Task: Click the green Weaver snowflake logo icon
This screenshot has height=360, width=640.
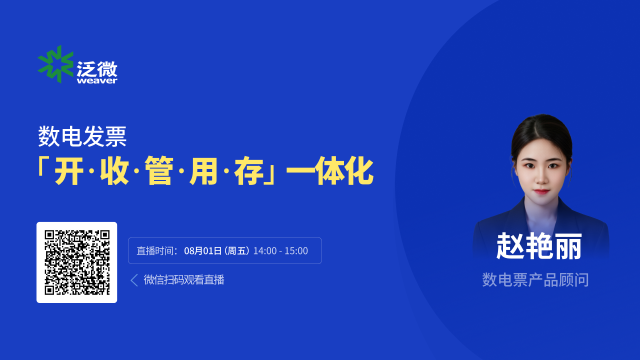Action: (55, 64)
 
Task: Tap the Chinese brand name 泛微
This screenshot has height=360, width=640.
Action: (97, 68)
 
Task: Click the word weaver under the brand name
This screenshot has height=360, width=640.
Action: (97, 81)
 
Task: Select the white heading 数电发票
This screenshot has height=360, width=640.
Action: (82, 136)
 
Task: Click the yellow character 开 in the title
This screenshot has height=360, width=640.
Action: (69, 171)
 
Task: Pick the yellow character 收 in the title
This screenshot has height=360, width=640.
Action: (114, 171)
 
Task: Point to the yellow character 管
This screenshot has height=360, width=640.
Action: (159, 171)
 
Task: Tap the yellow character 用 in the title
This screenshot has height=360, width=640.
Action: (203, 171)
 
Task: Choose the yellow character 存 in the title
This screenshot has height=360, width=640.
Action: (248, 171)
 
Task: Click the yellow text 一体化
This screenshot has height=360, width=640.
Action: (330, 171)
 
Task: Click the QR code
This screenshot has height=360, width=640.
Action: (77, 262)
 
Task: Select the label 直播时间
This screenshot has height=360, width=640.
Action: (154, 251)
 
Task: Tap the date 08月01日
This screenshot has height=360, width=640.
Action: (203, 251)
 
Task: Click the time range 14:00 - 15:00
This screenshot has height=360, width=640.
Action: (280, 251)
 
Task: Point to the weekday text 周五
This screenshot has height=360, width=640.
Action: (237, 251)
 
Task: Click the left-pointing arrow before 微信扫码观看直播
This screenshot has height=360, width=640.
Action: (134, 280)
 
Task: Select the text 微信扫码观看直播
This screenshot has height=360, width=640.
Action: (184, 279)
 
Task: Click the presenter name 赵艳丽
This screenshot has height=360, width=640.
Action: (539, 246)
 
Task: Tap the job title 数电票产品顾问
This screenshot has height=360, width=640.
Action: (535, 279)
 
